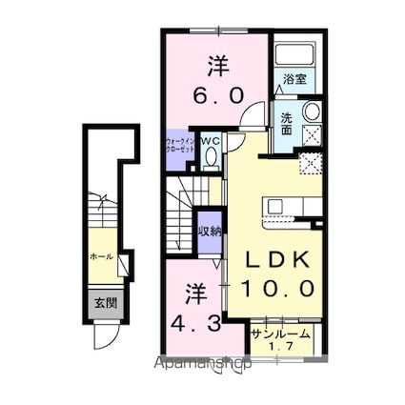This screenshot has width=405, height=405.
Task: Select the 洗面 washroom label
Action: point(286,125)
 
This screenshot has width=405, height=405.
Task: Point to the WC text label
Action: point(211,141)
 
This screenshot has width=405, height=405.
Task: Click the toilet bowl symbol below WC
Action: point(212,156)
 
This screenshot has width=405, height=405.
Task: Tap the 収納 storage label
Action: point(209,231)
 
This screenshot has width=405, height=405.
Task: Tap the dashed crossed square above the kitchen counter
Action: point(309,161)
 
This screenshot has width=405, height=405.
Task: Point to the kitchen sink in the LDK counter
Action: point(276,206)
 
